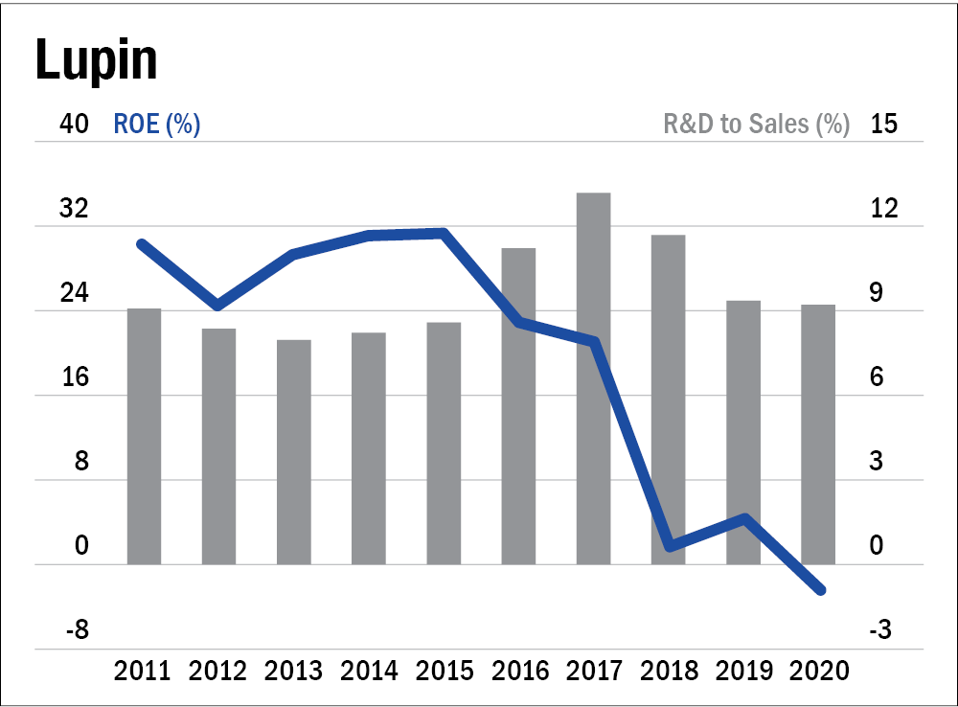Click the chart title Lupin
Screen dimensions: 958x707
[x=97, y=60]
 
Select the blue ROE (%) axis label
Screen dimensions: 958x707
[x=157, y=124]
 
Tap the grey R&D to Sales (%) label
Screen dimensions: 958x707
[x=757, y=124]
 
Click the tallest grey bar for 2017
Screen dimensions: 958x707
[x=593, y=378]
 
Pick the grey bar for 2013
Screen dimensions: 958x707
[x=294, y=452]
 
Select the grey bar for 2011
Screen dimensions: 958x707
[x=145, y=436]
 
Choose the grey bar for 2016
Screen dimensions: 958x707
[x=518, y=406]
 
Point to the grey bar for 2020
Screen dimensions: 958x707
[x=818, y=435]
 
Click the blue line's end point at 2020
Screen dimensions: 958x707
[x=821, y=590]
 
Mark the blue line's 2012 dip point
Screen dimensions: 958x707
[x=218, y=306]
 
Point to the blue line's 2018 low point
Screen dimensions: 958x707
[x=671, y=546]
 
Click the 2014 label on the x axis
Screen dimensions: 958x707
[x=369, y=671]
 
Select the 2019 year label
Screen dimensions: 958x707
[x=744, y=671]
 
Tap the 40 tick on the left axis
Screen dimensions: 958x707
[x=74, y=124]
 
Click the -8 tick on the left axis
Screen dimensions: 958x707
[x=78, y=629]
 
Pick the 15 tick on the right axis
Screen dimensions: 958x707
[x=884, y=124]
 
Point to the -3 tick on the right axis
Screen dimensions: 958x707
[x=880, y=629]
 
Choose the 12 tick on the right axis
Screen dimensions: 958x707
[x=884, y=209]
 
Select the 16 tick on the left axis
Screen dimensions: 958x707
[x=75, y=377]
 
